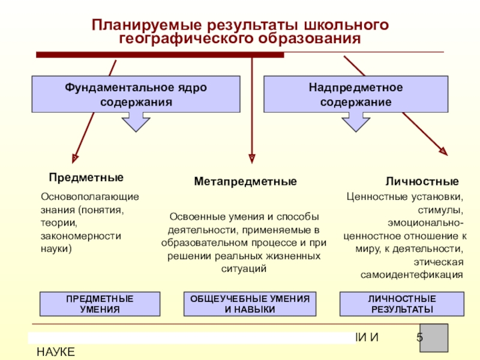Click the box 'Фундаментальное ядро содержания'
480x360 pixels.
[x=136, y=94]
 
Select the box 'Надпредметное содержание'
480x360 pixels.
[x=356, y=94]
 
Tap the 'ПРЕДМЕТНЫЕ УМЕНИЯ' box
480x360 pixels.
[x=100, y=304]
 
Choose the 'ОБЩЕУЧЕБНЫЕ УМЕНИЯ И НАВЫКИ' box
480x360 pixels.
[x=250, y=304]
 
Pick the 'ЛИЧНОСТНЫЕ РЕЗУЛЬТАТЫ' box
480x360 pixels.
[x=402, y=304]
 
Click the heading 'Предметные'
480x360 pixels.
[x=86, y=178]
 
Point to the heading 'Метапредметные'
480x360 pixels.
[x=245, y=181]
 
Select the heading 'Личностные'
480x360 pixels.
[x=422, y=181]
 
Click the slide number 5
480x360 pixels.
[x=420, y=338]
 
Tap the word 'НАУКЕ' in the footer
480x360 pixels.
[x=56, y=352]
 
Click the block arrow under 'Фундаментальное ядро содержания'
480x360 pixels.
[x=135, y=122]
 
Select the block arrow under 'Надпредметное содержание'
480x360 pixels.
[x=355, y=122]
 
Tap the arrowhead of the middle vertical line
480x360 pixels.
[x=252, y=157]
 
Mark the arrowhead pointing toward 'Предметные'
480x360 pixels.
[x=74, y=157]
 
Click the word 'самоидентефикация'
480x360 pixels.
[x=412, y=275]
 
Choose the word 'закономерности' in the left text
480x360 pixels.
[x=80, y=236]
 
